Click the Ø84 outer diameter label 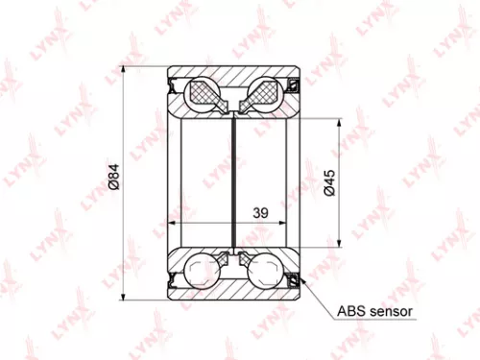click(x=114, y=179)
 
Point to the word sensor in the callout click(x=389, y=312)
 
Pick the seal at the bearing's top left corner click(x=174, y=86)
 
